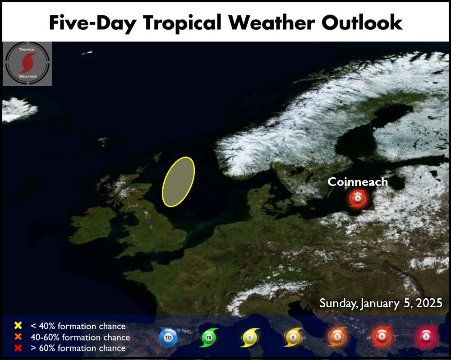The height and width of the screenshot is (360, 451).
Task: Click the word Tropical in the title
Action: coord(182,23)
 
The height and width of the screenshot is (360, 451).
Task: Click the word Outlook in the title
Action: coord(362,22)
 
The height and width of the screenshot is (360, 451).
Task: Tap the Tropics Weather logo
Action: coord(28,64)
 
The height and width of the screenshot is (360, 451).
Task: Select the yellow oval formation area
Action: coord(178,182)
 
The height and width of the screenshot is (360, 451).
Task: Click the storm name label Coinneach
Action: coord(358,182)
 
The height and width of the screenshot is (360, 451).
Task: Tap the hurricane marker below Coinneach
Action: coord(358,198)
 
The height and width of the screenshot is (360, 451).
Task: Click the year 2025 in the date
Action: coord(429,303)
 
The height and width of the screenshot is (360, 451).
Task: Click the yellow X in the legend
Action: coord(18,325)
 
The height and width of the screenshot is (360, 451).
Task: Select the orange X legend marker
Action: coord(18,337)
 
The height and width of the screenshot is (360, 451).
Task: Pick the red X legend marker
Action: coord(18,348)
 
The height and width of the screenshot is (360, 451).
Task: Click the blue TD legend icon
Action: coord(168,337)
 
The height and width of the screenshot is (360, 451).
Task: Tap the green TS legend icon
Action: coord(208,337)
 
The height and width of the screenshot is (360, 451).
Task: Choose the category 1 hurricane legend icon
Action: coord(250,337)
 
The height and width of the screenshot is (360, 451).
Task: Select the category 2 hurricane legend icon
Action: coord(293,337)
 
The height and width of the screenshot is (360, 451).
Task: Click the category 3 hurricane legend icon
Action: coord(337,337)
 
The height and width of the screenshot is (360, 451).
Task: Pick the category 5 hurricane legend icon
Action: coord(426,337)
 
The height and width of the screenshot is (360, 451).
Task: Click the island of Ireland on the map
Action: coord(92,225)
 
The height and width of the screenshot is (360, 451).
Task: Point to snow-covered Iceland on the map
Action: coord(18,109)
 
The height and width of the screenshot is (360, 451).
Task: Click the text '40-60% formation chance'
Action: coord(80,337)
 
